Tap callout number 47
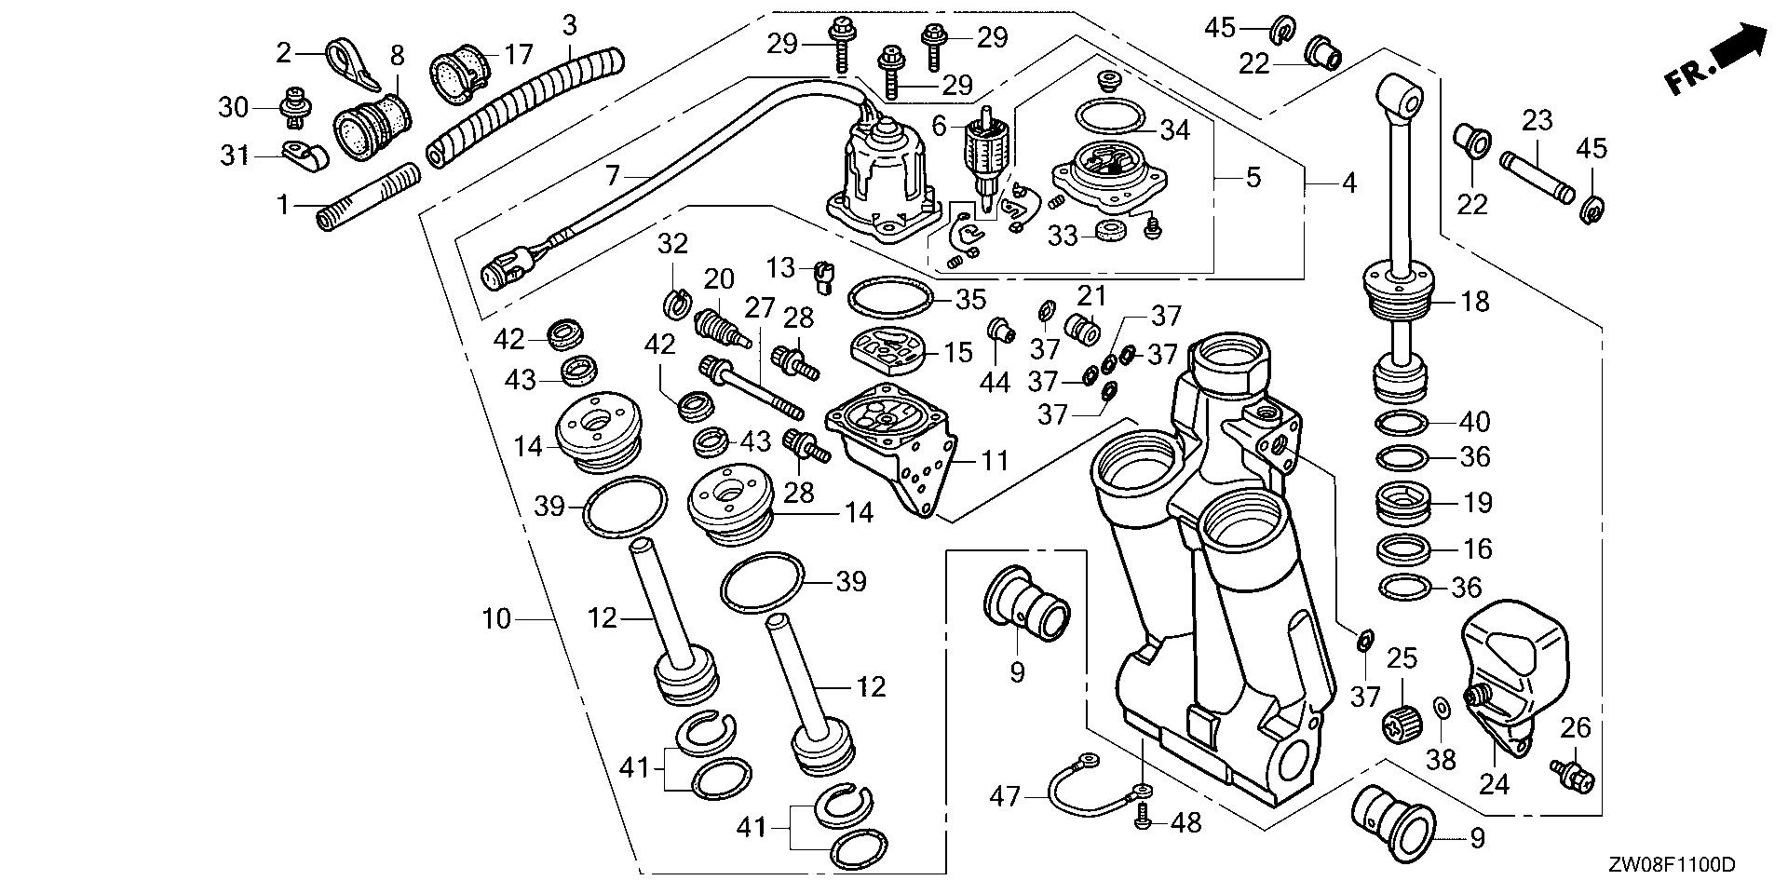(1005, 796)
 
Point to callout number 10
(497, 617)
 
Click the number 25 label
(1402, 658)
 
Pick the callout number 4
(1349, 183)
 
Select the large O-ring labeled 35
(890, 299)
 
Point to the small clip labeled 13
(822, 276)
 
